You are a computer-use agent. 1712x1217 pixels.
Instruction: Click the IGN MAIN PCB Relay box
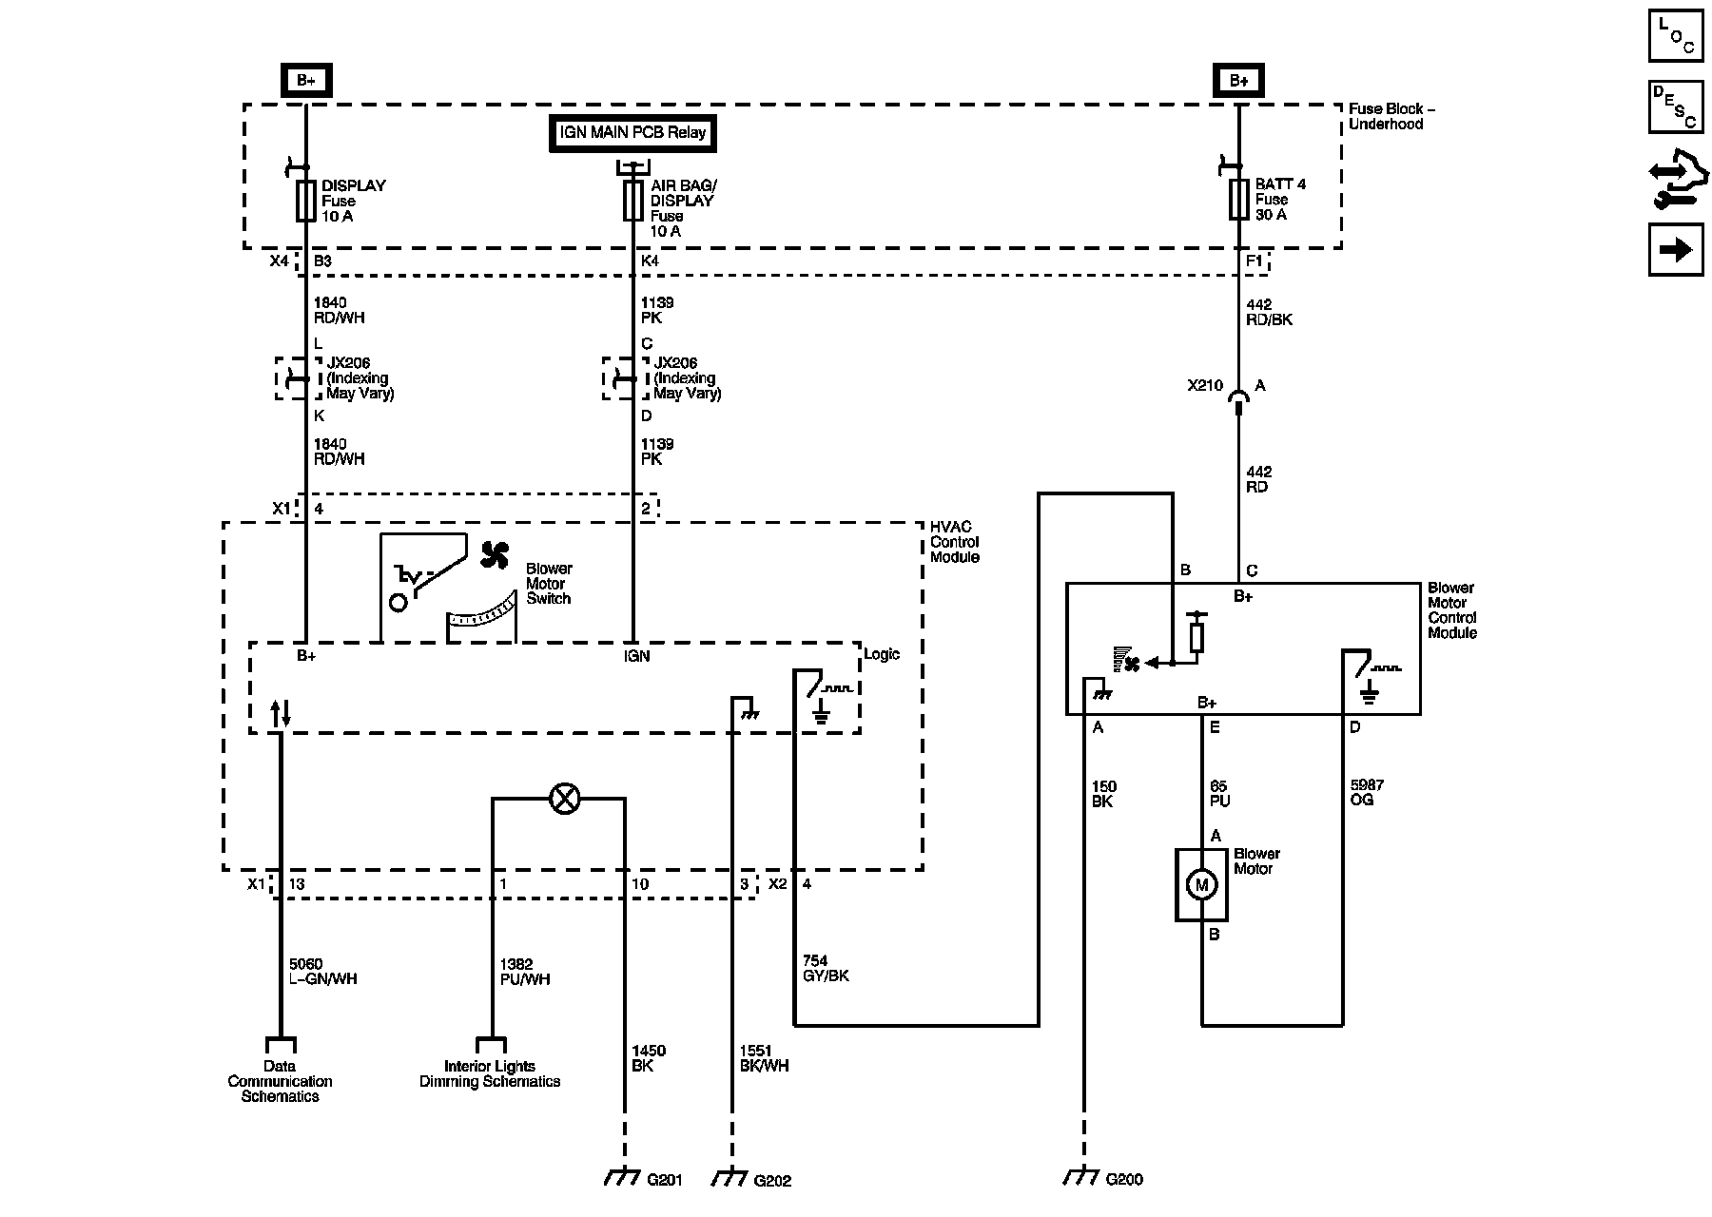[x=632, y=133]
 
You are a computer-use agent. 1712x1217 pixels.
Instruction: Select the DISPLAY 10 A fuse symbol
[x=305, y=201]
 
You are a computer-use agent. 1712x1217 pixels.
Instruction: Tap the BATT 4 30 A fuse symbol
[x=1238, y=200]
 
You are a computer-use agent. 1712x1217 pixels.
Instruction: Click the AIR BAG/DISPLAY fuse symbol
[x=632, y=201]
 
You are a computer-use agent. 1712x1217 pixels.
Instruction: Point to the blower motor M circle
[x=1201, y=885]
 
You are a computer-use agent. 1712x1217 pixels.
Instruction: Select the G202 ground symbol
[x=730, y=1177]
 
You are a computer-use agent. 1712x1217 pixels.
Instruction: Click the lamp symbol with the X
[x=565, y=799]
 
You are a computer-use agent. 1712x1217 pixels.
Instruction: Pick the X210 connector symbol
[x=1238, y=399]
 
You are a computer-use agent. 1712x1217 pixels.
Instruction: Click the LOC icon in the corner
[x=1676, y=35]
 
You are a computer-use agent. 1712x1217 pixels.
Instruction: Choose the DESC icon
[x=1676, y=106]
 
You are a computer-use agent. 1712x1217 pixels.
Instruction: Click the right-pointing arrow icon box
[x=1676, y=250]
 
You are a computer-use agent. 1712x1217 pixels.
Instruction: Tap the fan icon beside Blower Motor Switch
[x=495, y=555]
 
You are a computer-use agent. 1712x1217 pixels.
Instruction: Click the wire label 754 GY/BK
[x=826, y=968]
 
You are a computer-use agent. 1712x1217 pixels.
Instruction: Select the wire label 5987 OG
[x=1368, y=793]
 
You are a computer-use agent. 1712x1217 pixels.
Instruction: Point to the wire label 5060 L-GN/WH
[x=323, y=972]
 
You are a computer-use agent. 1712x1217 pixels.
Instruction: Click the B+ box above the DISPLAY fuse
[x=305, y=81]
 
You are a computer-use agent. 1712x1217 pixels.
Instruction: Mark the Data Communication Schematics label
[x=280, y=1081]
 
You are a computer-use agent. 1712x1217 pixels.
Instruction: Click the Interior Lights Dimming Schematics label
[x=490, y=1073]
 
